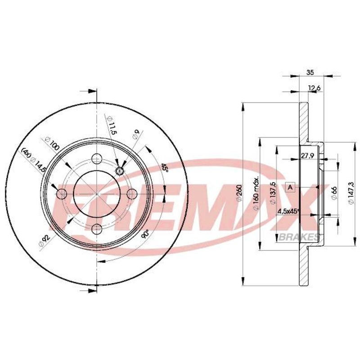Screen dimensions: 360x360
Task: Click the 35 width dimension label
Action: coord(310,72)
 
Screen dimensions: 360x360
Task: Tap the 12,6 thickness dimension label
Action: coord(314,88)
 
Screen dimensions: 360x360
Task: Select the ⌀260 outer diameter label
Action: coord(239,193)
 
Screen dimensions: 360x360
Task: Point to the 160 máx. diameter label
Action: coord(256,193)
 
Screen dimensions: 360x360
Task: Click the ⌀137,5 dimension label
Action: coord(273,193)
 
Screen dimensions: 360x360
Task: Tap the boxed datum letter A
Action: coord(290,187)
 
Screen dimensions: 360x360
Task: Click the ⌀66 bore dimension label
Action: coord(334,193)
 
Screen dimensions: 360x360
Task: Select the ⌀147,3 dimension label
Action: coord(351,193)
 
